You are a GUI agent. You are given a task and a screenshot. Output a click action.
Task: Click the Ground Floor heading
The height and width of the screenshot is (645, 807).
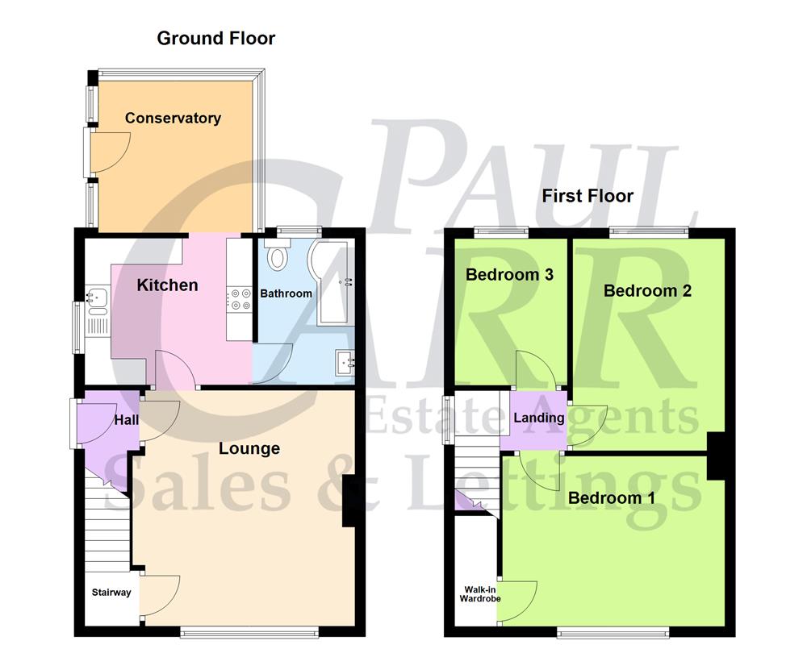pyautogui.click(x=215, y=38)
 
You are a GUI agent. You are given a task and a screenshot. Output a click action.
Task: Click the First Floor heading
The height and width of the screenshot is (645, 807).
pyautogui.click(x=587, y=196)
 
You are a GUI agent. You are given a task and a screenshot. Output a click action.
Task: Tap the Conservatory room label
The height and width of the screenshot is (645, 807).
pyautogui.click(x=173, y=119)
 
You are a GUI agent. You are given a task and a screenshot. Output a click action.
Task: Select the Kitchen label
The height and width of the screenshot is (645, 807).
pyautogui.click(x=167, y=285)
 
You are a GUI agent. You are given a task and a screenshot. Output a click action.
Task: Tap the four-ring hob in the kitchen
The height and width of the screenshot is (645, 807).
pyautogui.click(x=240, y=299)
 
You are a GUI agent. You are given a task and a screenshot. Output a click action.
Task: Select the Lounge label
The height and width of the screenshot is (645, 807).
pyautogui.click(x=249, y=448)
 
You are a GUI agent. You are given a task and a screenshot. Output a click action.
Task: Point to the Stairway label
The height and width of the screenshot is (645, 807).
pyautogui.click(x=111, y=593)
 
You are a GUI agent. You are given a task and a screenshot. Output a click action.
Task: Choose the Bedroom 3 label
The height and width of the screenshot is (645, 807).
pyautogui.click(x=509, y=275)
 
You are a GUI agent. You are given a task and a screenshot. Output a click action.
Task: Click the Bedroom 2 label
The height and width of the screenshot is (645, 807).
pyautogui.click(x=648, y=290)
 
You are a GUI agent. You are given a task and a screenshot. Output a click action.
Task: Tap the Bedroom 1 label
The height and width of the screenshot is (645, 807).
pyautogui.click(x=612, y=497)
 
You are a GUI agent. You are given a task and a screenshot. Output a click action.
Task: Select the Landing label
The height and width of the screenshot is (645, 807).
pyautogui.click(x=539, y=418)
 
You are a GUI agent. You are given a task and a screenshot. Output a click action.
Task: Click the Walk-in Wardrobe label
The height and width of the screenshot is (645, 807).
pyautogui.click(x=480, y=594)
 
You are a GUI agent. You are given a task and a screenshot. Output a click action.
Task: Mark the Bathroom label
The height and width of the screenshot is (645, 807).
pyautogui.click(x=286, y=293)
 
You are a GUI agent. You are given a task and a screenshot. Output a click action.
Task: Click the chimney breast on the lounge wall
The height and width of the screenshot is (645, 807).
pyautogui.click(x=349, y=501)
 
